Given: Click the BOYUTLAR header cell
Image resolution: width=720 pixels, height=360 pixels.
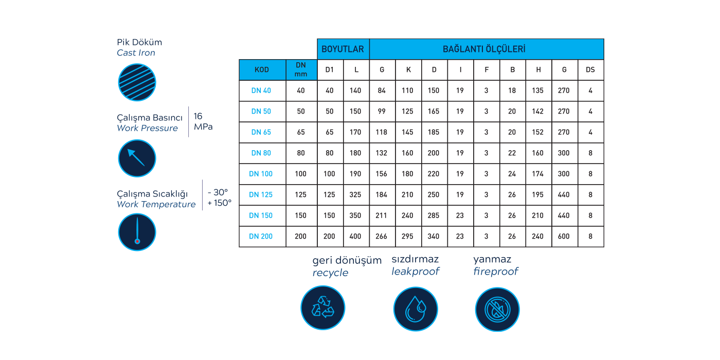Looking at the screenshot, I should (x=343, y=49).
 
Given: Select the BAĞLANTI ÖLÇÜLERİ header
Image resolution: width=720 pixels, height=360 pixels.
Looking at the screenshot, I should (x=486, y=49).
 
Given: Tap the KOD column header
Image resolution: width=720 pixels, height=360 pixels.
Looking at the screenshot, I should (x=262, y=70).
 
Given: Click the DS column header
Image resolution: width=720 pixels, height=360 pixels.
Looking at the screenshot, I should (x=590, y=70).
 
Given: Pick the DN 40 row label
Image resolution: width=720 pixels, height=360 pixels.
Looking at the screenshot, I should (x=261, y=91).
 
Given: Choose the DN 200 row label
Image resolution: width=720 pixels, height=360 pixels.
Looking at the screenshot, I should (x=261, y=237).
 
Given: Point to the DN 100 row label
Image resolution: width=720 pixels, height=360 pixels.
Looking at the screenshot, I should (x=261, y=174).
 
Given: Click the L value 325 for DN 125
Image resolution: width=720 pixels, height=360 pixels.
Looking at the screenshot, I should (x=355, y=195).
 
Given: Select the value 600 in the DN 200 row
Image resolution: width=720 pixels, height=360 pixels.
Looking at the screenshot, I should (x=564, y=237).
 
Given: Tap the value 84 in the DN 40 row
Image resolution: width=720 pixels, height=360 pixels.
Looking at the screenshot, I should (x=382, y=91).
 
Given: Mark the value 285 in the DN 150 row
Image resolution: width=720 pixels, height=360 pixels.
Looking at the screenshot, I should (x=434, y=215).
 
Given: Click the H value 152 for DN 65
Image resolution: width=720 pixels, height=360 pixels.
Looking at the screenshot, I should (x=538, y=132).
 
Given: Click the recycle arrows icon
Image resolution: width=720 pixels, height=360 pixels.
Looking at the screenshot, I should (x=322, y=308).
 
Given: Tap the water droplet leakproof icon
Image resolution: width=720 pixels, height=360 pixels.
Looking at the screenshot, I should (x=415, y=309).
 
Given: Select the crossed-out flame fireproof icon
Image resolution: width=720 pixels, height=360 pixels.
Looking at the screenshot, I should (x=497, y=309).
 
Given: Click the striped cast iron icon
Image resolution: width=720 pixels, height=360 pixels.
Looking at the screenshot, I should (x=137, y=82).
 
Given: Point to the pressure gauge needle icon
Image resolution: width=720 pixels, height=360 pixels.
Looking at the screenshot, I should (x=137, y=158).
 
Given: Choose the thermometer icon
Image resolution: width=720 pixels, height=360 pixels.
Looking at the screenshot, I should (x=137, y=232).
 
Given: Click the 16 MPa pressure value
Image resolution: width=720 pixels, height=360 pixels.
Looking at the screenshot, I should (x=203, y=121).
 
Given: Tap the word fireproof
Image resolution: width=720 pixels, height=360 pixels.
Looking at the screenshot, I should (x=496, y=272).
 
